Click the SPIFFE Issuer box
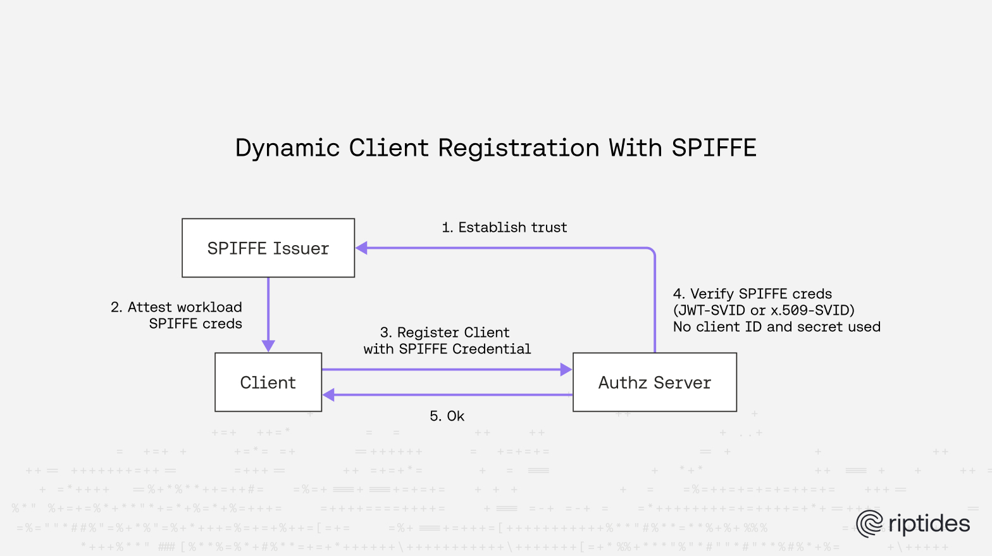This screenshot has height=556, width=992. click(x=268, y=248)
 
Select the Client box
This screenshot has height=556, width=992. click(x=268, y=382)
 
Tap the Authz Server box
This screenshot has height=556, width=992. click(x=655, y=382)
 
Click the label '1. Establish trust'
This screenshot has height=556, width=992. click(x=504, y=227)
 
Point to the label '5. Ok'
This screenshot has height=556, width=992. click(x=447, y=416)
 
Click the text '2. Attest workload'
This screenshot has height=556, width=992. click(x=177, y=307)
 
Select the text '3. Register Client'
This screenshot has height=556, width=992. click(x=445, y=332)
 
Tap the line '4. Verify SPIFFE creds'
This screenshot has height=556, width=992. click(x=752, y=294)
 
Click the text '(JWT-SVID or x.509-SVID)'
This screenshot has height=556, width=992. click(x=764, y=310)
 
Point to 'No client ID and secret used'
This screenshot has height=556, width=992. click(x=776, y=327)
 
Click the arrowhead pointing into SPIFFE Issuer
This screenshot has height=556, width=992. click(x=362, y=248)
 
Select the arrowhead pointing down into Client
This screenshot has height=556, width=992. click(x=268, y=346)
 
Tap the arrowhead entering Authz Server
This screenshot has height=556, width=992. click(x=566, y=370)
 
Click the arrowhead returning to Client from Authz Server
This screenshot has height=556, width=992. click(x=329, y=395)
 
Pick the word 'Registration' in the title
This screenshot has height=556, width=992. click(x=519, y=148)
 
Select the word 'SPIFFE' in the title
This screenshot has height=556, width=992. click(x=714, y=148)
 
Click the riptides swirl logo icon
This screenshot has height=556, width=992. click(x=869, y=524)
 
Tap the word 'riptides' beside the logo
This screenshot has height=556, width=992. click(x=929, y=524)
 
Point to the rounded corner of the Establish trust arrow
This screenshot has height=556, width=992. click(x=652, y=251)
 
